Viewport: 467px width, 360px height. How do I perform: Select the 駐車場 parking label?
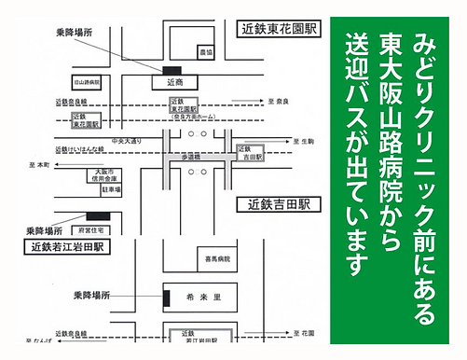(x=111, y=189)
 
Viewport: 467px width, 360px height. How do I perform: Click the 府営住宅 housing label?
(x=95, y=228)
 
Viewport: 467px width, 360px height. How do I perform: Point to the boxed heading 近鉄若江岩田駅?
(x=68, y=247)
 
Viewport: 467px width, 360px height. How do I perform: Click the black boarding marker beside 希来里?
(x=165, y=298)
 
